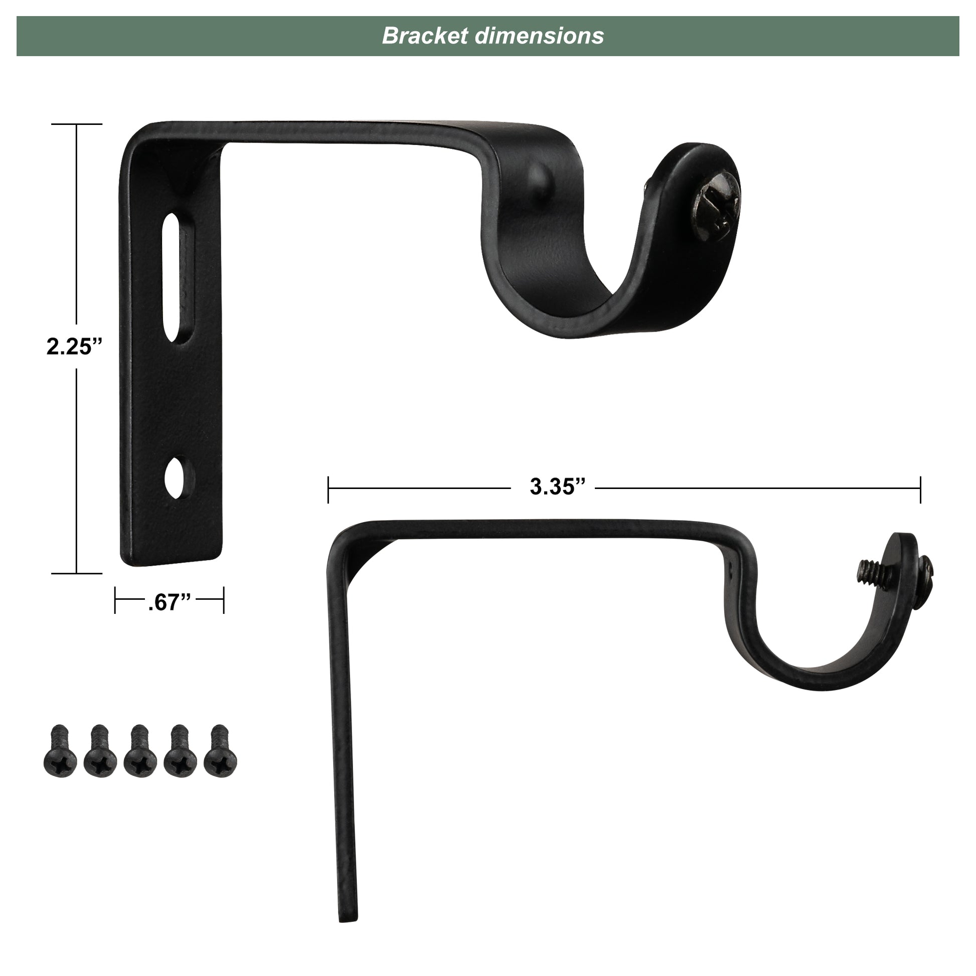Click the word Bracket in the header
425,36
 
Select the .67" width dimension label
170,602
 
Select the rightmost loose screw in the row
220,751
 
